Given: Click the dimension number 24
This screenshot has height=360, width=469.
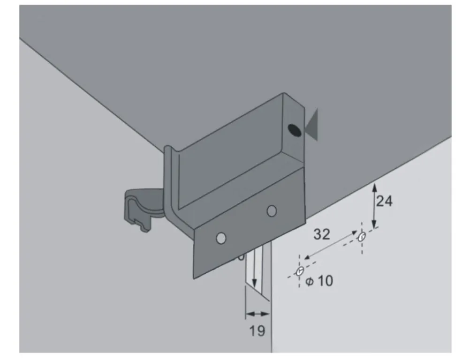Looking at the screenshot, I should (384, 201).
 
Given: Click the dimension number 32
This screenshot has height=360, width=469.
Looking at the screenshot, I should (322, 234).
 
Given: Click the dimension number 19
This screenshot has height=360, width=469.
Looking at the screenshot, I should (257, 330).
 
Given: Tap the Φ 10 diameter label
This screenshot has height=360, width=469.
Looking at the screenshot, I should (319, 281).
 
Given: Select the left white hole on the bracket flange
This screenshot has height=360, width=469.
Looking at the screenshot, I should (220, 238).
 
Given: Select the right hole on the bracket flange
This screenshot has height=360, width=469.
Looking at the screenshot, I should (272, 211).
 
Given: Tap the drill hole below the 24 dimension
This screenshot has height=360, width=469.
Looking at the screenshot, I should (361, 237).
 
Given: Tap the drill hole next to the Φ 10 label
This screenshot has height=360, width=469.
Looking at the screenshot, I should (300, 271).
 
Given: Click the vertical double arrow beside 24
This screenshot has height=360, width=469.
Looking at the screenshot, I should (374, 205).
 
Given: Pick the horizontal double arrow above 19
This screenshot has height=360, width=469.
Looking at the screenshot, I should (257, 314).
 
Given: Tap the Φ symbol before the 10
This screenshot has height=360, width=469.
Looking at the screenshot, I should (309, 282).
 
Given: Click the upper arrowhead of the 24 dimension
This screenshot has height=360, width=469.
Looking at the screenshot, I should (374, 187).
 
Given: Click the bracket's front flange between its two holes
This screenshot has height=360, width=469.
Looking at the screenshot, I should (246, 225).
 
